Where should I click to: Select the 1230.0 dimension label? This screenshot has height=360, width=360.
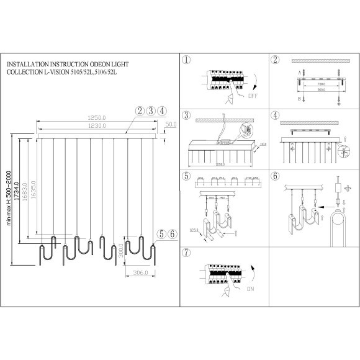point(95,126)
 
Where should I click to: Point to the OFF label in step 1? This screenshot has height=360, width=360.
point(253,97)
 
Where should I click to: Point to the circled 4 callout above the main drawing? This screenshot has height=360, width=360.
point(162,111)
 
